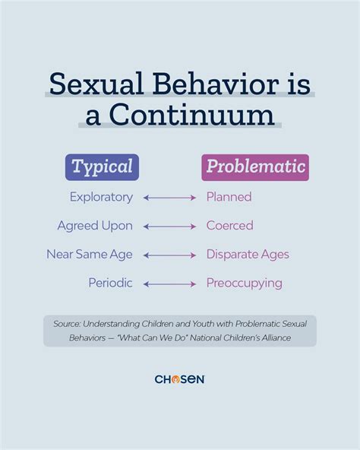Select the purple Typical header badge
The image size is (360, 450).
[102, 166]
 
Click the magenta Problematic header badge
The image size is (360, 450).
[254, 166]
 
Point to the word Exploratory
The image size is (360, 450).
[101, 197]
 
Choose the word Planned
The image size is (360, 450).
[229, 197]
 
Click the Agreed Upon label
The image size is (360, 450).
[95, 226]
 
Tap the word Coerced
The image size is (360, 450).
[229, 226]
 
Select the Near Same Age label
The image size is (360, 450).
[90, 255]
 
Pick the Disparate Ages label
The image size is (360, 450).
[248, 255]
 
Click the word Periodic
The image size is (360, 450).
[109, 283]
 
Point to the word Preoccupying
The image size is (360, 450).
[244, 283]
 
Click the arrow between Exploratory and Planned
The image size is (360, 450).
[169, 198]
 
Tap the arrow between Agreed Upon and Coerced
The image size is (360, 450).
[169, 227]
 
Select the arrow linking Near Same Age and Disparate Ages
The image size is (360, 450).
[169, 255]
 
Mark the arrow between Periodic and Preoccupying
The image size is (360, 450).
[169, 284]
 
